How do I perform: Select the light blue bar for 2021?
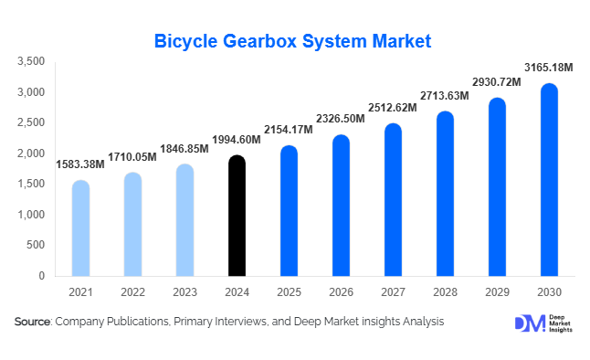tap(80, 228)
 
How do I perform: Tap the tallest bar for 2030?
tap(549, 180)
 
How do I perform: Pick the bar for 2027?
tap(393, 200)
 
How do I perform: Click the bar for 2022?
tap(132, 224)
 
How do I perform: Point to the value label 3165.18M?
tap(549, 68)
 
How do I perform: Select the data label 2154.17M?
tap(289, 130)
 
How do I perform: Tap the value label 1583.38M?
tap(80, 164)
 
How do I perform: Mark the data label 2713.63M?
tap(445, 95)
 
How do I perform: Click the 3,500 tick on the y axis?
tap(31, 61)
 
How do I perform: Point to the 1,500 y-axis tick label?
tap(31, 184)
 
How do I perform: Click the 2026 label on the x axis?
tap(341, 291)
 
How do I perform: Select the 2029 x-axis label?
tap(497, 291)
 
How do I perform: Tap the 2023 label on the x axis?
tap(184, 291)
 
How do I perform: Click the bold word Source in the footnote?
tap(33, 322)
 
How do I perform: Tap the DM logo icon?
tap(527, 323)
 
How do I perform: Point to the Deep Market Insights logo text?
tap(562, 323)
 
